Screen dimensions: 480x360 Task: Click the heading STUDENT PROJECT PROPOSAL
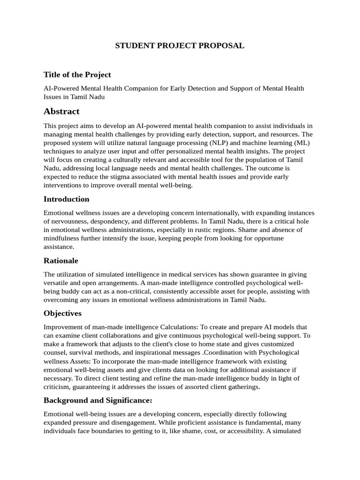pos(180,45)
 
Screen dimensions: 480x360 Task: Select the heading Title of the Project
pos(77,75)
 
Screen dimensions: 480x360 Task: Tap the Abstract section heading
pos(61,111)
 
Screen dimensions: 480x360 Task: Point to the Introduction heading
pos(67,199)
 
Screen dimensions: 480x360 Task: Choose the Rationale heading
pos(61,260)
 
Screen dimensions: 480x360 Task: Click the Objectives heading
pos(62,313)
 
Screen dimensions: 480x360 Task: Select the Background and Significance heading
pos(98,400)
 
